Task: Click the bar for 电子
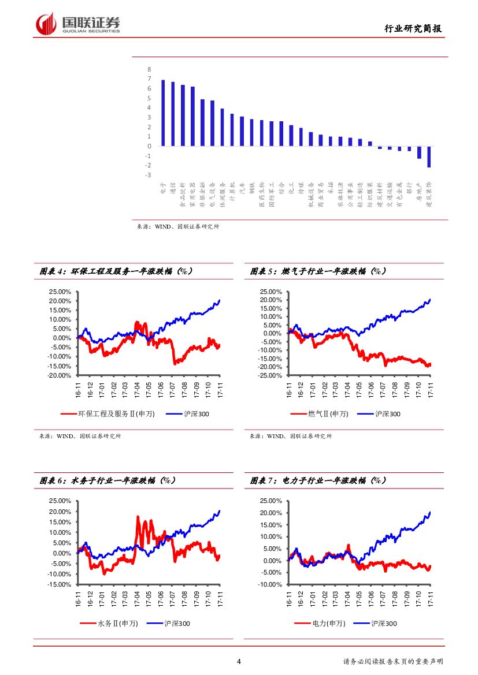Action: [163, 113]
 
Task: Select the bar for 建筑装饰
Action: [429, 156]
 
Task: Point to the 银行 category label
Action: [409, 188]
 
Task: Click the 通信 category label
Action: [173, 187]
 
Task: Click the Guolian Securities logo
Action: [78, 24]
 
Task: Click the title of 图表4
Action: [116, 271]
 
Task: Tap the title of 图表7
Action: [318, 480]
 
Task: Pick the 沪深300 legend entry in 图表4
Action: [188, 414]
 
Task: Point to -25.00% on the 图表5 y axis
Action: [271, 375]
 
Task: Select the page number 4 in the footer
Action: [239, 662]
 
